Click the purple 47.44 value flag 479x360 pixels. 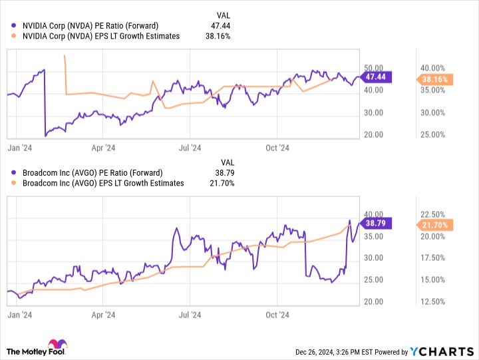(376, 77)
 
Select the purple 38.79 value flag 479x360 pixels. (376, 223)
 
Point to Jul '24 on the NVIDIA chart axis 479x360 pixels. (190, 148)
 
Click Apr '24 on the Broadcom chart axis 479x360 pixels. (103, 315)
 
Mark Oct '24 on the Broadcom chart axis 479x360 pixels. (277, 315)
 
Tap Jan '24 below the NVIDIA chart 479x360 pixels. (19, 148)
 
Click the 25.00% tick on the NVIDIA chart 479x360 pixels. (432, 135)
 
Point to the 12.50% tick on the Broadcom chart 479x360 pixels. (432, 302)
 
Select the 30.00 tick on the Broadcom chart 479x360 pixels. (373, 258)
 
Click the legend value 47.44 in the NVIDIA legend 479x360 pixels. (221, 26)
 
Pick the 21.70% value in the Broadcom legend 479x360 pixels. (222, 184)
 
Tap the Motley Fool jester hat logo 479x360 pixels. (58, 343)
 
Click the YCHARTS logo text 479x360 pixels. (442, 352)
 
